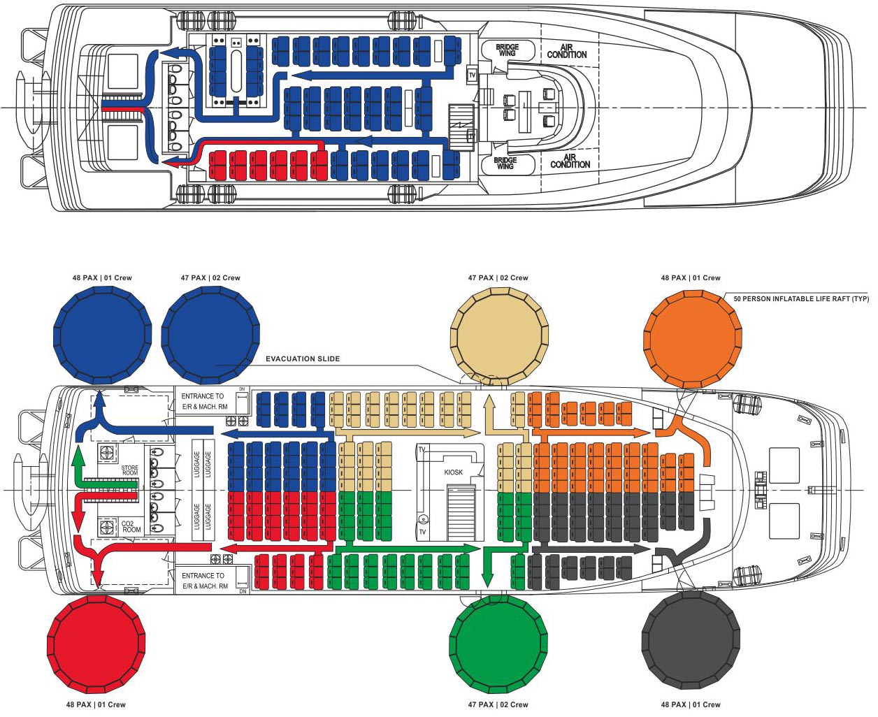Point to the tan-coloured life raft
coord(499,338)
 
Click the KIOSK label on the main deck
coord(454,472)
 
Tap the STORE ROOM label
coord(130,470)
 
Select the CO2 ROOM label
coord(131,526)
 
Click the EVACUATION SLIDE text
coord(303,358)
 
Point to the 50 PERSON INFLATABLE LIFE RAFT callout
coord(801,298)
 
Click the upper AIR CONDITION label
coord(567,51)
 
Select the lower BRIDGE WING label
coord(505,163)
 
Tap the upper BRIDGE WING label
coord(508,50)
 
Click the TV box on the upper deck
coord(472,75)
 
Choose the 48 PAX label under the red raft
coord(96,704)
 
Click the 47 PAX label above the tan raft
coord(498,277)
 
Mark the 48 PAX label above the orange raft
coord(691,277)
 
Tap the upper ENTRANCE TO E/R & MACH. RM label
coord(204,401)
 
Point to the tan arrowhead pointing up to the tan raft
coord(489,402)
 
